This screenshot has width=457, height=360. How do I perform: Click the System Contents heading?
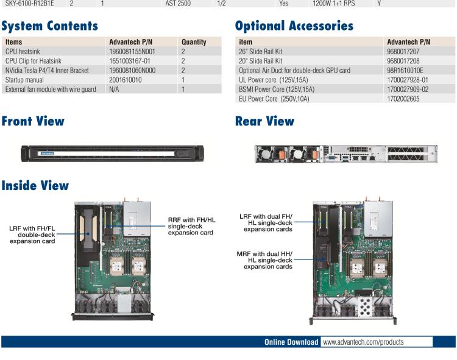point(49,26)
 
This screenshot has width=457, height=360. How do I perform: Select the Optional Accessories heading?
point(294,26)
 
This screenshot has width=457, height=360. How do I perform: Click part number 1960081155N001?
point(132,52)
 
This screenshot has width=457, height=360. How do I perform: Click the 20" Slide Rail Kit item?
point(261,61)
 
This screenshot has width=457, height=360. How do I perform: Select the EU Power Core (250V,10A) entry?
point(274,98)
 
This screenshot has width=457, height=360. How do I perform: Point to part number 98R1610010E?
point(409,71)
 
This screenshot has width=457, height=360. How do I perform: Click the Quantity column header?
point(194,42)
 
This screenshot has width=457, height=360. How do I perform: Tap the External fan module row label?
point(51,89)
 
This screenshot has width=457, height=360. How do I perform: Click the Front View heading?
point(33,121)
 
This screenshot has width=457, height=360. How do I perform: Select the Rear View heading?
point(264,121)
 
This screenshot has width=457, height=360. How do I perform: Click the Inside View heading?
point(35,186)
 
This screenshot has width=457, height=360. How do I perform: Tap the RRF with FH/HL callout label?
point(191,226)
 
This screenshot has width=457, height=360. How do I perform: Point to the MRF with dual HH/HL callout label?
point(265,259)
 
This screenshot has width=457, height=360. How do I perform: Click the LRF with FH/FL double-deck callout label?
point(32,235)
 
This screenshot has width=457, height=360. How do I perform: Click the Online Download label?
point(291,342)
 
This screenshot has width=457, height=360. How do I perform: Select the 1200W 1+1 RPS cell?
point(333,3)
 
